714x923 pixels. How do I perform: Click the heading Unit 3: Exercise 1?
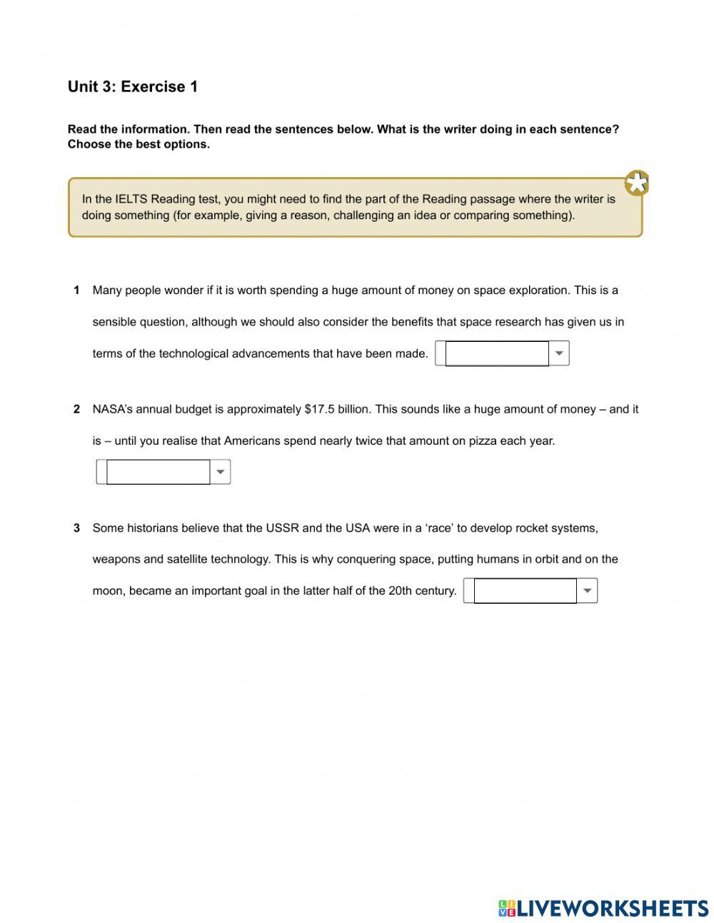coord(133,87)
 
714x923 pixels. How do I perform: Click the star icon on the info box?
coord(636,183)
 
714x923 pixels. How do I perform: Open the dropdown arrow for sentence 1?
coord(559,353)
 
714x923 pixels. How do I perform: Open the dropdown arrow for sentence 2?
coord(221,472)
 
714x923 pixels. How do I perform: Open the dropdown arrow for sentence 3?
coord(587,590)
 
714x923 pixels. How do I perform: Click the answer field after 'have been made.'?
coord(496,353)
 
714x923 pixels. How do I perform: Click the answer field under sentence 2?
coord(158,472)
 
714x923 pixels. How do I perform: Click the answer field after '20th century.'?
coord(525,590)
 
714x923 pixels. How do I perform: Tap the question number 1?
coord(76,291)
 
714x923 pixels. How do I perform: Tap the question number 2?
coord(76,409)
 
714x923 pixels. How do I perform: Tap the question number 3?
coord(76,528)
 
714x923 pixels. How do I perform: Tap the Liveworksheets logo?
coord(603,908)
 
